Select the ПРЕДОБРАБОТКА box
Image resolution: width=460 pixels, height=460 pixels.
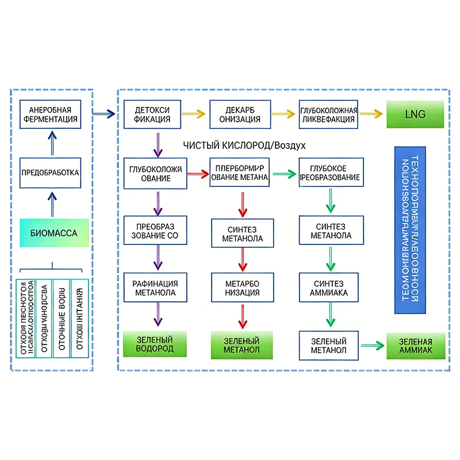49,172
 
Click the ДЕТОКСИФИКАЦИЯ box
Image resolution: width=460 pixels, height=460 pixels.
152,114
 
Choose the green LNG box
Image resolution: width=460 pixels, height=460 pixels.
415,114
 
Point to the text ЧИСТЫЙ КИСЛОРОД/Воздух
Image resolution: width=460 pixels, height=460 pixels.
244,145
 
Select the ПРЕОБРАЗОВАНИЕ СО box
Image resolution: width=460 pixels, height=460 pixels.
152,231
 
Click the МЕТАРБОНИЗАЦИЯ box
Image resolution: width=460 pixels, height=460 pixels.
242,288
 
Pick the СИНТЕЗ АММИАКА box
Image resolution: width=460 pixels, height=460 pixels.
329,288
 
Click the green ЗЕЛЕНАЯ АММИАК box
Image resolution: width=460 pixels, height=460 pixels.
416,346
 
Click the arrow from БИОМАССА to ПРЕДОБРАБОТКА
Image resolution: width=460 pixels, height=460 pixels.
53,204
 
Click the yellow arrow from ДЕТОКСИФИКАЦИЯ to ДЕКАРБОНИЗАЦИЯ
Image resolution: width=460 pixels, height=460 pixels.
195,114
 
